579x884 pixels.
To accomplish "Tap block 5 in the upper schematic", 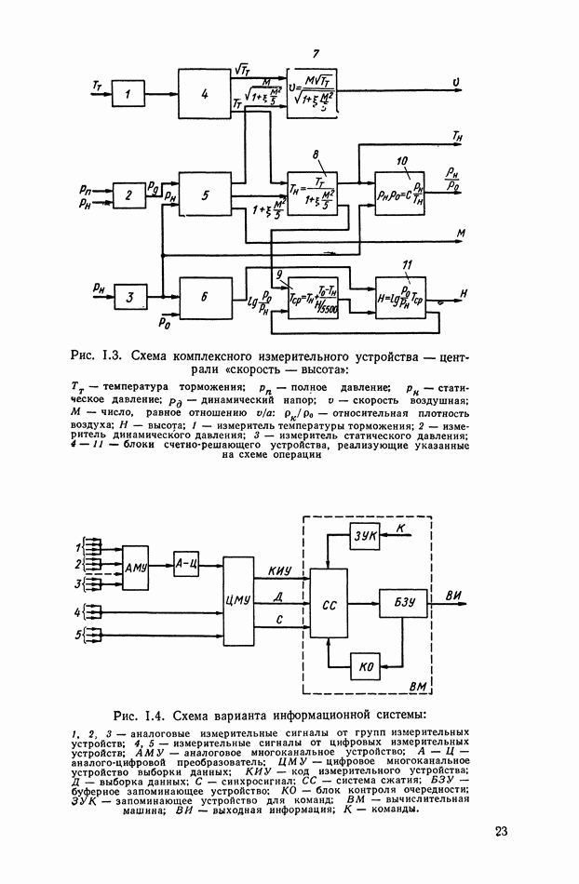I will tap(206, 195).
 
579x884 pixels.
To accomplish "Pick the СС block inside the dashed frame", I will tap(328, 603).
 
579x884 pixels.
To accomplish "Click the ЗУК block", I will tap(363, 537).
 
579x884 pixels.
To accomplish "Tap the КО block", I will tap(365, 665).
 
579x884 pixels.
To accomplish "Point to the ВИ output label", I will tap(456, 596).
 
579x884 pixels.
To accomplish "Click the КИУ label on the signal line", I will tap(280, 570).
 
